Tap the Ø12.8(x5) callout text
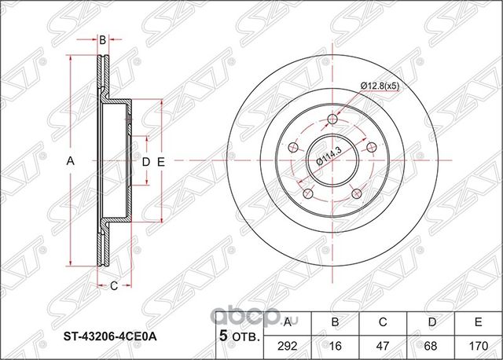[x=381, y=84]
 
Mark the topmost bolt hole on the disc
[x=331, y=119]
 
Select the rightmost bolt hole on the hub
[x=371, y=148]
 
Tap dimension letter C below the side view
[x=112, y=285]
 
